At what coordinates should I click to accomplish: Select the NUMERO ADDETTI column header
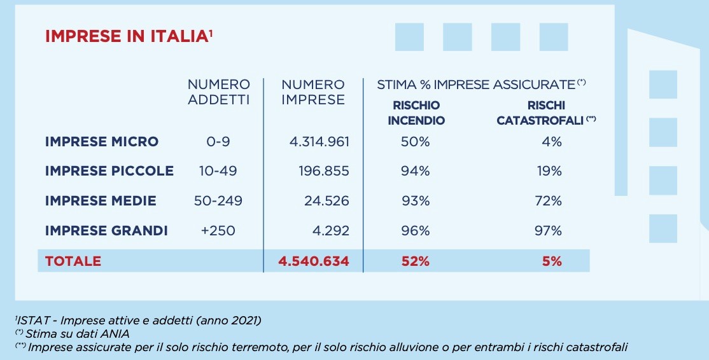[219, 92]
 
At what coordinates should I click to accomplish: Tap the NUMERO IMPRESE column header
[313, 92]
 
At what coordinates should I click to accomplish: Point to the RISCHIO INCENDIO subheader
[416, 113]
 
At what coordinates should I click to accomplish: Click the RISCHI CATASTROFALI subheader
[546, 113]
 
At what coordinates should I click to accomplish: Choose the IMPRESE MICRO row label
[102, 141]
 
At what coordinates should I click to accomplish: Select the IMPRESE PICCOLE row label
[109, 171]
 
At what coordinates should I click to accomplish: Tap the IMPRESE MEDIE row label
[101, 201]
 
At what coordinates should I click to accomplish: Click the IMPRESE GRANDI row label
[106, 230]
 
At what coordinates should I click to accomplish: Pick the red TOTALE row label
[73, 261]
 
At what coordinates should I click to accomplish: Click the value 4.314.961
[319, 141]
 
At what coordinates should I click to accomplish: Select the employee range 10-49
[218, 171]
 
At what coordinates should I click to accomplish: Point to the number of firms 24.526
[326, 201]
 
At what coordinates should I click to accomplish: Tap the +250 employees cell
[218, 230]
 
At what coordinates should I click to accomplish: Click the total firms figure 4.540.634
[314, 261]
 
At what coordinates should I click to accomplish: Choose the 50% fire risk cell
[416, 141]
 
